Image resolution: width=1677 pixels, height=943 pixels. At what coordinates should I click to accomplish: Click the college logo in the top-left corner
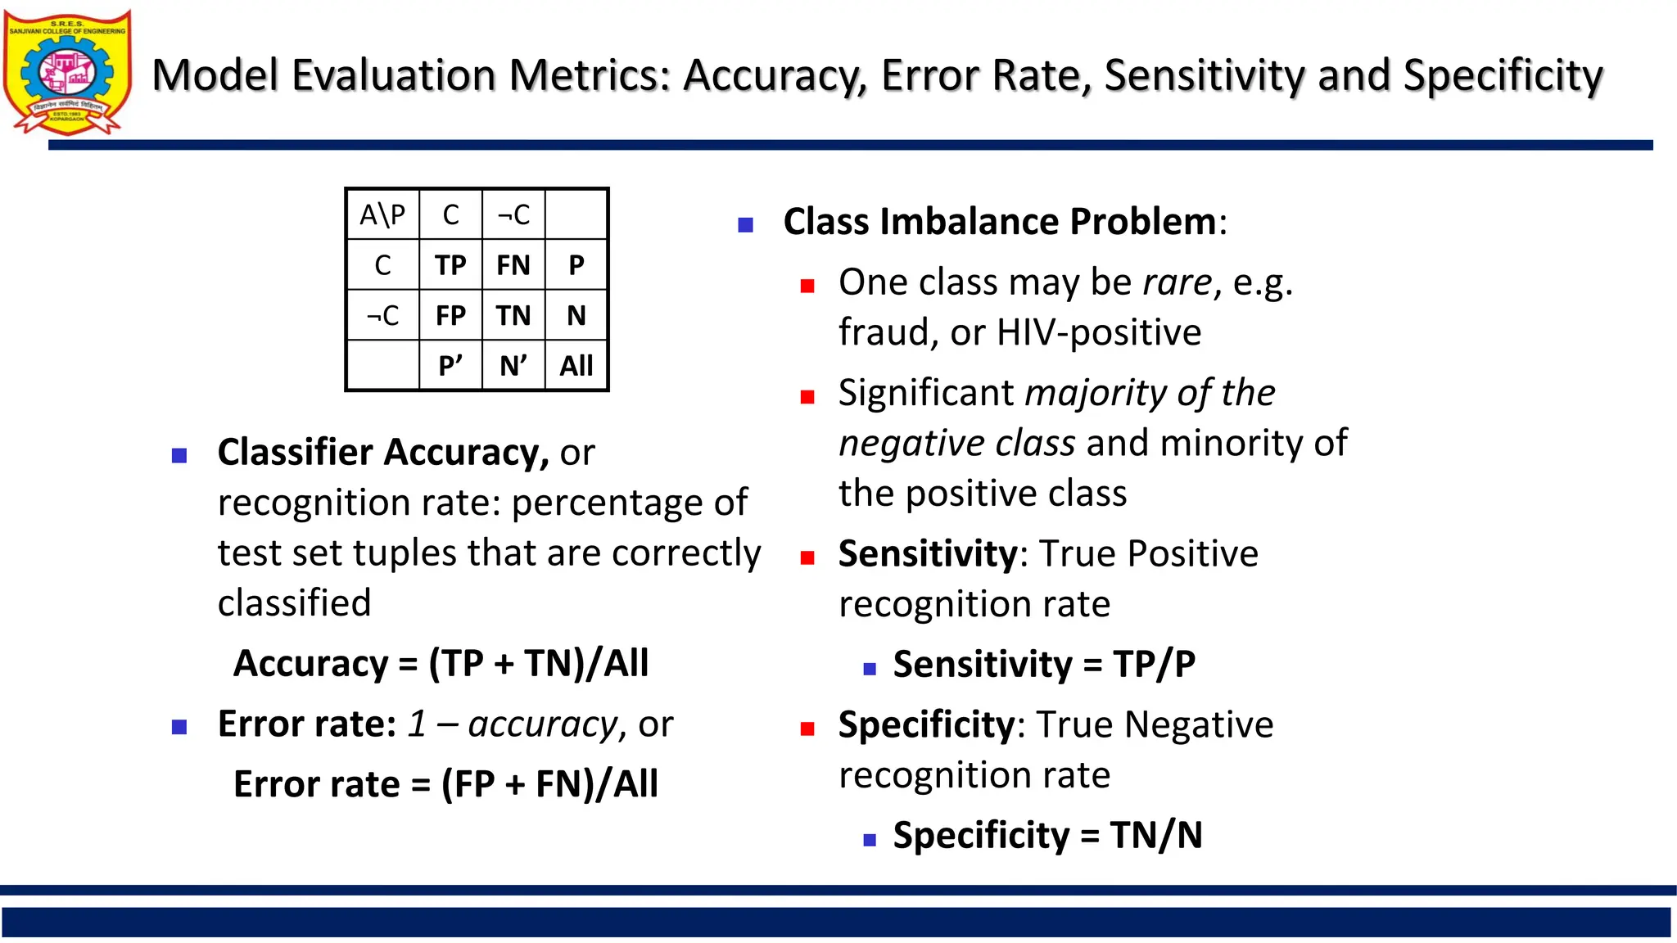67,72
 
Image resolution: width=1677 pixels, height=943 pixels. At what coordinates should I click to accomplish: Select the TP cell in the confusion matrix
450,265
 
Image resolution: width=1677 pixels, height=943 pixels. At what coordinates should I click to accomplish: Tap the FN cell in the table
513,265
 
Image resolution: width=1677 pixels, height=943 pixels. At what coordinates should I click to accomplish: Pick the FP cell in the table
450,315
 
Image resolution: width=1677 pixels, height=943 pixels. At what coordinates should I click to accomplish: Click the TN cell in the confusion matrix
513,315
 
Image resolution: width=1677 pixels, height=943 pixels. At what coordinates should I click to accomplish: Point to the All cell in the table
576,365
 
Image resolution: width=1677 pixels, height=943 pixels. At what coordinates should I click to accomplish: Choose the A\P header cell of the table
382,214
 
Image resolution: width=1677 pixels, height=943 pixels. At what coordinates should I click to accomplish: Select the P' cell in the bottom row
450,365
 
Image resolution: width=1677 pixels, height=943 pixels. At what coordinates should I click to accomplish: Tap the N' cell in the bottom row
513,365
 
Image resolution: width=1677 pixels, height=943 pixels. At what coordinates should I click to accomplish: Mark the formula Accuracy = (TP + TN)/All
441,663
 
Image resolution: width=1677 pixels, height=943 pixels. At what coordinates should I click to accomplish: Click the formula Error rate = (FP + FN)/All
445,784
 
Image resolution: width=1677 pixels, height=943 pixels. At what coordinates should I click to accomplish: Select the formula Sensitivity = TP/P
1044,664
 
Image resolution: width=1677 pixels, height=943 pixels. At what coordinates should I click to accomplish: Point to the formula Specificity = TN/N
1047,835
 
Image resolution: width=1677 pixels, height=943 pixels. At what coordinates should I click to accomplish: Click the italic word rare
1178,282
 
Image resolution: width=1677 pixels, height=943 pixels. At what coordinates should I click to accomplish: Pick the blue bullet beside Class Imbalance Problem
745,224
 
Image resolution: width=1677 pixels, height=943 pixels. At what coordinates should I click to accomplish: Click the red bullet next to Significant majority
807,397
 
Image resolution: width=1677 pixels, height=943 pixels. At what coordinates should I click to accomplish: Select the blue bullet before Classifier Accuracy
179,455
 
